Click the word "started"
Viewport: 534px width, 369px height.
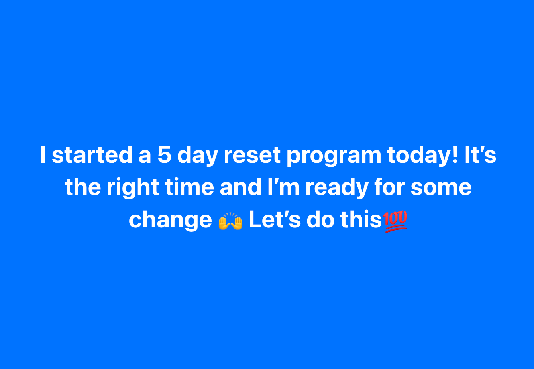pos(92,155)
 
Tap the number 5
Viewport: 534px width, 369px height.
pos(165,155)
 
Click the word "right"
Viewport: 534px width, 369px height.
pos(133,188)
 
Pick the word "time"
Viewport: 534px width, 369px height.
pos(190,187)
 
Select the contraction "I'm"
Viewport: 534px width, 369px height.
pos(283,187)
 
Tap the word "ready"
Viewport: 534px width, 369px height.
pos(337,188)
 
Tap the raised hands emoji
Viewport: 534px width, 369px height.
pos(230,221)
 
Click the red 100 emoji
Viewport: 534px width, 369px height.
pos(395,221)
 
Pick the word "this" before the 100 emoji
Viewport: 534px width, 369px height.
pos(361,219)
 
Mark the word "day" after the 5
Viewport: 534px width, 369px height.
pos(198,156)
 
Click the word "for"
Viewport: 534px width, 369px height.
pos(389,187)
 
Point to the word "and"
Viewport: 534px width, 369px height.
pos(240,187)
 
